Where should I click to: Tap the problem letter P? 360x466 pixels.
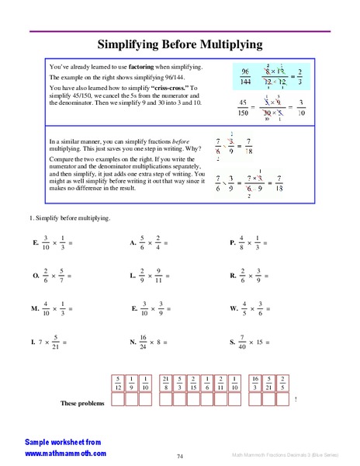coord(233,243)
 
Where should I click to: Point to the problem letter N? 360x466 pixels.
coord(133,342)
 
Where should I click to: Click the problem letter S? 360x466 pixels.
coord(232,342)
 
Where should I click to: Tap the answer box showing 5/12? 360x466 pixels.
coord(118,381)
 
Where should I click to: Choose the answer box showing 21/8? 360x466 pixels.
coord(165,381)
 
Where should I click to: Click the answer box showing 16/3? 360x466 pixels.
coord(255,381)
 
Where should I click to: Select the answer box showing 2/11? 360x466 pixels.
coord(222,381)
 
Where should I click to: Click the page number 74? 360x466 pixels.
coord(179,456)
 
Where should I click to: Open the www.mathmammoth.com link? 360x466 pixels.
coord(65,453)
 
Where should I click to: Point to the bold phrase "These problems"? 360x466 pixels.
coord(81,403)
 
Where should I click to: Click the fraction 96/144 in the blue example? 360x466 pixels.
coord(245,75)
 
